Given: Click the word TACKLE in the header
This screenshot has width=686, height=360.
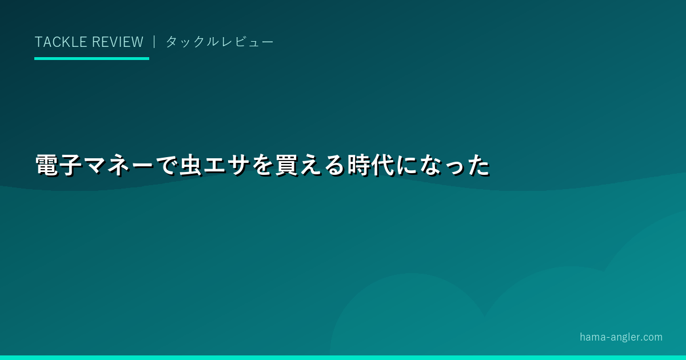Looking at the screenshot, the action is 61,42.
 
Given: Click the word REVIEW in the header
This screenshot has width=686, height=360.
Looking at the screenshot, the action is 118,42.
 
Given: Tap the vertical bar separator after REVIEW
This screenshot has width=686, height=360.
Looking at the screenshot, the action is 154,42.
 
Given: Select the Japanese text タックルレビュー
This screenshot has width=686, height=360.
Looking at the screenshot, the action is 220,42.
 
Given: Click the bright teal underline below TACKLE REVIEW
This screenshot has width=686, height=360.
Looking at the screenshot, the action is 91,58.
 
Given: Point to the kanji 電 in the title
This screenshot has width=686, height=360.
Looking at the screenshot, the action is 47,165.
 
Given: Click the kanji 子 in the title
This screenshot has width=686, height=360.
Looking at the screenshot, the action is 71,165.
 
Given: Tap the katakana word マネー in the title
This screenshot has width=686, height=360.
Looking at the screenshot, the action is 118,165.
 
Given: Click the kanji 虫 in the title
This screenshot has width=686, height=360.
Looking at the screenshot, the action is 190,165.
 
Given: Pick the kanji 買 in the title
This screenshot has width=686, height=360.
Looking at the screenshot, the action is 286,165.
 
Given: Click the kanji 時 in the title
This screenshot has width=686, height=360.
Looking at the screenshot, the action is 358,165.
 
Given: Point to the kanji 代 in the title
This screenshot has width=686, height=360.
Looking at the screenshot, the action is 382,165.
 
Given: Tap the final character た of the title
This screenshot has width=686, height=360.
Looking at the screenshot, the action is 478,165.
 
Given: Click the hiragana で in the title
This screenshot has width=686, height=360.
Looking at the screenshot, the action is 166,165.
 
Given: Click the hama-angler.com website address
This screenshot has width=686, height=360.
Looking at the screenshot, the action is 621,337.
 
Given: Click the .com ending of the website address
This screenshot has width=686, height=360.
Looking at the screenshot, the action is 651,338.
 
